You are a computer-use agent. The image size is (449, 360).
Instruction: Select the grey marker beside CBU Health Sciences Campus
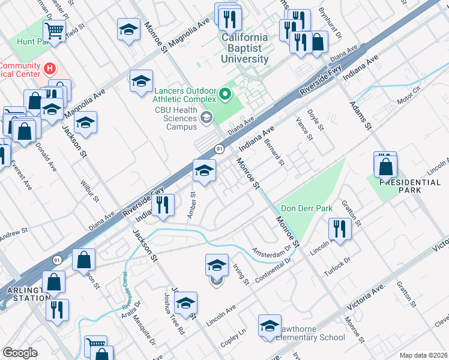point(207,118)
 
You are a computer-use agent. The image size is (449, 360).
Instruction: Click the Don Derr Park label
point(307,209)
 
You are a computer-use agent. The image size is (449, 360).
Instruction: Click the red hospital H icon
point(50,70)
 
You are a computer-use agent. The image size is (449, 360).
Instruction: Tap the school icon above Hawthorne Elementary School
point(270,325)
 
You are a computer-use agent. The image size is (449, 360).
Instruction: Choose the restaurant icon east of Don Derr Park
point(339,229)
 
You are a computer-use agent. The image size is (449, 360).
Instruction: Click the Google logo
point(20,352)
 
